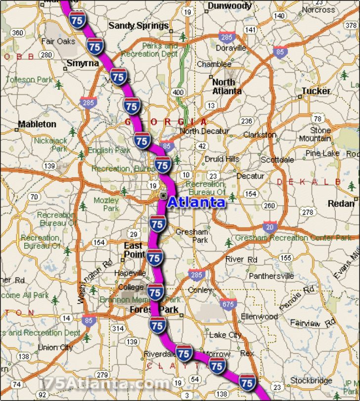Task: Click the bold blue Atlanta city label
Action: (x=196, y=202)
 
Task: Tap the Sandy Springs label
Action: (x=138, y=25)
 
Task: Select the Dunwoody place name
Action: (x=229, y=6)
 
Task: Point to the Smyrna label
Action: (x=83, y=63)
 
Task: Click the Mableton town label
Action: (x=37, y=124)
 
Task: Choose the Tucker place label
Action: (x=315, y=91)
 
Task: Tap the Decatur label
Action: (x=250, y=176)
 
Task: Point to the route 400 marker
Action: (x=179, y=92)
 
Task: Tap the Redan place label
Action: (x=341, y=203)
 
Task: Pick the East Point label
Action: (x=134, y=250)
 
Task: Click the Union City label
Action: (x=55, y=347)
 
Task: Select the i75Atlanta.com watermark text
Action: (x=104, y=383)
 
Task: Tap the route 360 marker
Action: (x=17, y=33)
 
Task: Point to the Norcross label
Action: (x=318, y=9)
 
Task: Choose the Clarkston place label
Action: (x=260, y=134)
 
